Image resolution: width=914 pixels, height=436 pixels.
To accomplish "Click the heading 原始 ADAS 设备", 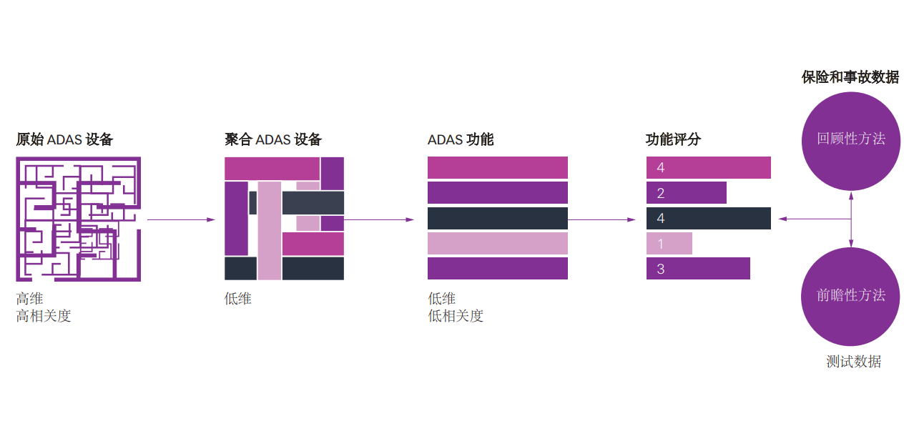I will coord(64,139).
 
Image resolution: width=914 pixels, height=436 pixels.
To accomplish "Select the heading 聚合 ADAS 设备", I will coord(273,139).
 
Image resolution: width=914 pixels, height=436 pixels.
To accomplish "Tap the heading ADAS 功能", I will coord(461,139).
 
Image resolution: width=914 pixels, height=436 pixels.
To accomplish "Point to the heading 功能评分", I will coord(673,139).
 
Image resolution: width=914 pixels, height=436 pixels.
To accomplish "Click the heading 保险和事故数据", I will coord(850,77).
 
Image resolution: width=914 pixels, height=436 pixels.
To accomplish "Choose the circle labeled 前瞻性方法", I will coord(851,296).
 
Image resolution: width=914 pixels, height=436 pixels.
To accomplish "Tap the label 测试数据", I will coord(853,362).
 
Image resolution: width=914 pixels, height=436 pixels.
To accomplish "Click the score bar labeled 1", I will coord(669,244).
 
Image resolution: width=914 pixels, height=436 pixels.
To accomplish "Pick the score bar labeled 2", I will coord(687,193).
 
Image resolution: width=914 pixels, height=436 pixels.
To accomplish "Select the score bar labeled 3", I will coord(698,269).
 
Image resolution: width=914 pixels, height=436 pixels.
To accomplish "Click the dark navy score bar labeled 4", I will coord(709,218).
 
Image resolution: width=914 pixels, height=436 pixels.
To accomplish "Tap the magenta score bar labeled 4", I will coord(709,167).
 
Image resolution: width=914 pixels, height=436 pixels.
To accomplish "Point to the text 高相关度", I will coord(44,316).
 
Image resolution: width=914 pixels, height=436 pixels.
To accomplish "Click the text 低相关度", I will coord(456,316).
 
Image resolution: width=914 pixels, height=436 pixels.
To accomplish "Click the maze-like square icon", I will coord(78,219).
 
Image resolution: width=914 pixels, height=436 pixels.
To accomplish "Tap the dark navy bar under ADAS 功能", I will coord(498,218).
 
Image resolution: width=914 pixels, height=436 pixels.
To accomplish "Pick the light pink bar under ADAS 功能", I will coord(498,244).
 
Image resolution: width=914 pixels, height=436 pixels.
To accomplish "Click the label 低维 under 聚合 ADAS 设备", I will coord(238,299).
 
